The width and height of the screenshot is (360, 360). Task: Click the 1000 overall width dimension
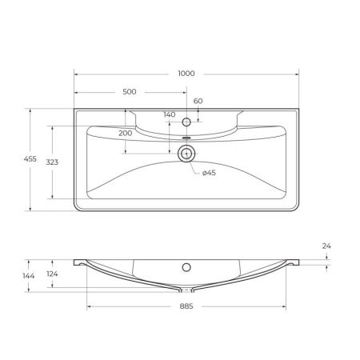click(186, 73)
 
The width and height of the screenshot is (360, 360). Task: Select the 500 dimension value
click(129, 92)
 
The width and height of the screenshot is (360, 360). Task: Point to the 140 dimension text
click(169, 115)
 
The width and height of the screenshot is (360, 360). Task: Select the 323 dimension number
click(52, 162)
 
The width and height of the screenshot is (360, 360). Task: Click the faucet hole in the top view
click(186, 122)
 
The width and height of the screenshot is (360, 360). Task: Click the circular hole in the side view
click(186, 266)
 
